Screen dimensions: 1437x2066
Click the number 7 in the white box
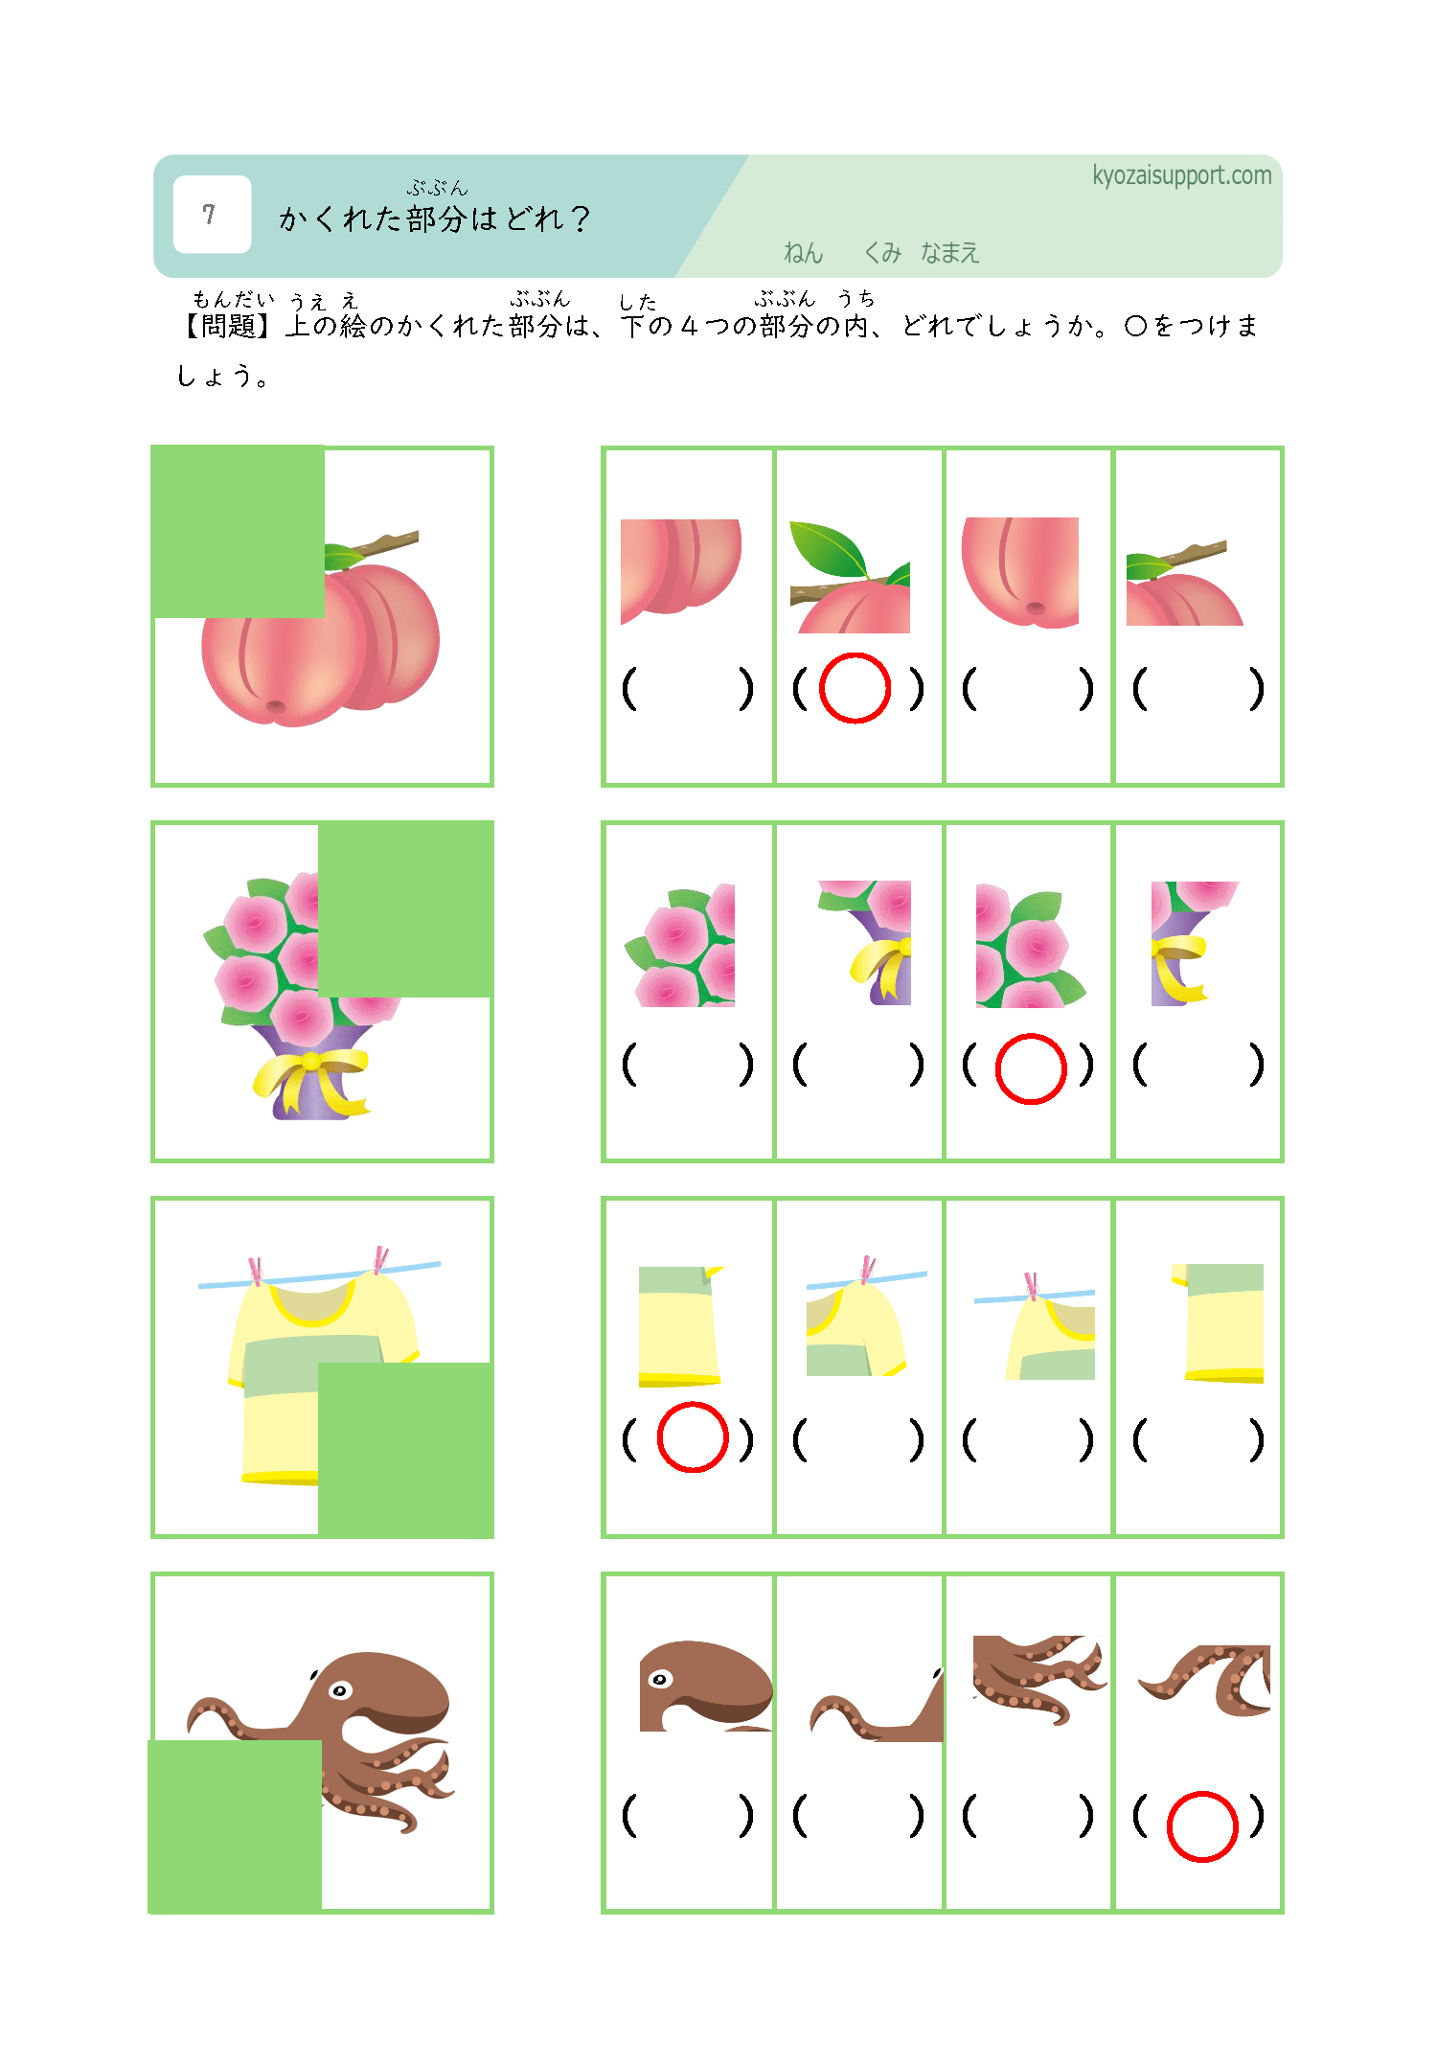pos(209,214)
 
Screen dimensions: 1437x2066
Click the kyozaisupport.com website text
pos(1181,175)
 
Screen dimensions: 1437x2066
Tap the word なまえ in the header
pos(949,253)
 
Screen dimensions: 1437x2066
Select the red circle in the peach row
pos(855,688)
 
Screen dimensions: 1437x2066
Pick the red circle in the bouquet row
pos(1031,1068)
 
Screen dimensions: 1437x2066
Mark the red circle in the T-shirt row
pos(693,1436)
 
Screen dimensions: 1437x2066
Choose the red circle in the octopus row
pos(1202,1826)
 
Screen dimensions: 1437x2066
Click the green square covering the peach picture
pos(238,532)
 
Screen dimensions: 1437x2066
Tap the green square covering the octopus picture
pos(235,1825)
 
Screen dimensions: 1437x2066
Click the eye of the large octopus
pos(340,1690)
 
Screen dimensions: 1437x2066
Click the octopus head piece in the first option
pos(706,1686)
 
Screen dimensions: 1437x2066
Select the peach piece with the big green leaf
pos(850,577)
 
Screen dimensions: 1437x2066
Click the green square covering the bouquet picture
pos(405,909)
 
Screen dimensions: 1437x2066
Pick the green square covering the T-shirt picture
pos(405,1450)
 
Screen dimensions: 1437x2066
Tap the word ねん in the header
pos(803,253)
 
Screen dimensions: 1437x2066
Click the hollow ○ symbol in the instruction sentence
pos(1135,326)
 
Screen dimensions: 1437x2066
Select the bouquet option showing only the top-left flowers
pos(680,946)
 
